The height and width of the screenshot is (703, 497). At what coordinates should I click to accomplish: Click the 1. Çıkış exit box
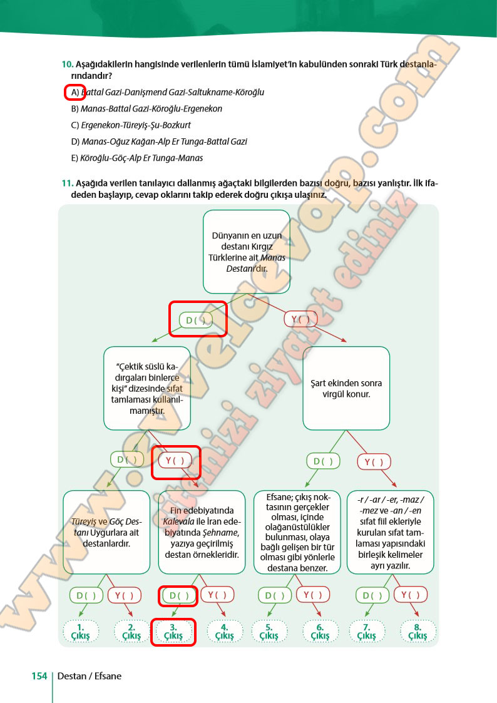click(80, 632)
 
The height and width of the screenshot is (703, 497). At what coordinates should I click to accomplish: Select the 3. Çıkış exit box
click(173, 632)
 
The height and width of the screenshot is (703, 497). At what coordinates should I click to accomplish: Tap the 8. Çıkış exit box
click(418, 632)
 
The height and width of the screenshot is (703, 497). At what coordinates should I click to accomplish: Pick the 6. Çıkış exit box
click(320, 632)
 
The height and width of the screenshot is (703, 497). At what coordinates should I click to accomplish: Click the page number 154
click(39, 676)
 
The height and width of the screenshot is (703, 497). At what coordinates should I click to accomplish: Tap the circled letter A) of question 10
click(75, 92)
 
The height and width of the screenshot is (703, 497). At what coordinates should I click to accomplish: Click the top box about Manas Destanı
click(247, 252)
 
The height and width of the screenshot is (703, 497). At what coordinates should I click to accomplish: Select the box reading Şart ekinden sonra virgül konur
click(346, 389)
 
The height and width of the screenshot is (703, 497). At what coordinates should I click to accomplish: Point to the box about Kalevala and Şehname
click(201, 532)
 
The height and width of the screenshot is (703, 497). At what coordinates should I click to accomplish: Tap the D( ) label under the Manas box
click(196, 320)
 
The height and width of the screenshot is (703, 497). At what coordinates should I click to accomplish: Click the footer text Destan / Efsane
click(90, 676)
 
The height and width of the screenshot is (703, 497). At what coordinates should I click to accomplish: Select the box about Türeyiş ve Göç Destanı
click(106, 532)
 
